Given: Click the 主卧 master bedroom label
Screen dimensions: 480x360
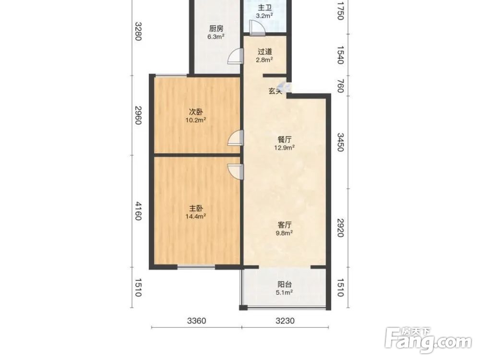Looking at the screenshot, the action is [x=196, y=208].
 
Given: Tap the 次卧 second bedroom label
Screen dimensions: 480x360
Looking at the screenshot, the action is [x=196, y=112].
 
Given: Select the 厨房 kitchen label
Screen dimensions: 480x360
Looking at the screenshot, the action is [x=216, y=29].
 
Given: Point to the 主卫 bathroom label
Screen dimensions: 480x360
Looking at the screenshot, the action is [x=265, y=8].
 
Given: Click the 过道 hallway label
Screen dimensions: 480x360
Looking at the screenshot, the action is [x=265, y=52].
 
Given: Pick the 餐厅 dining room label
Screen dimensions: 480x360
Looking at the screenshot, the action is [x=284, y=140].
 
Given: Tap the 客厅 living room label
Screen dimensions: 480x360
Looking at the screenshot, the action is [x=284, y=225].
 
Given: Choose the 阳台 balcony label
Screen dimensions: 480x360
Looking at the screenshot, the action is [x=284, y=284].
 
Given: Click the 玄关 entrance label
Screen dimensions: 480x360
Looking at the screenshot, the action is [x=275, y=91].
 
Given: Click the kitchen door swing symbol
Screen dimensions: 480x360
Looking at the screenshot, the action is [x=235, y=57].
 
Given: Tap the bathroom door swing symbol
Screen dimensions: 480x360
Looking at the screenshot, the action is [x=257, y=27].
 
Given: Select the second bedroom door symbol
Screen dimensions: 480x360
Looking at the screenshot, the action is [x=235, y=138].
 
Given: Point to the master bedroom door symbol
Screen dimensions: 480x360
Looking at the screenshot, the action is [x=235, y=172].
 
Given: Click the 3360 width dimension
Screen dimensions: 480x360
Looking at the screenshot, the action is [x=196, y=321].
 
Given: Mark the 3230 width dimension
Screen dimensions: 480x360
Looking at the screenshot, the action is [x=285, y=321].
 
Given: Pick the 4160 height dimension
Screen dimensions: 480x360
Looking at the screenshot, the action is [x=138, y=211].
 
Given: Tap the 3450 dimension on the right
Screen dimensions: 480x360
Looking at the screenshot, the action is [x=340, y=143].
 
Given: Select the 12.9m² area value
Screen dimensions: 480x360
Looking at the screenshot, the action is [x=284, y=148].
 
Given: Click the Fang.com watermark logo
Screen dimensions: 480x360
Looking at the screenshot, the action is [x=429, y=340].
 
